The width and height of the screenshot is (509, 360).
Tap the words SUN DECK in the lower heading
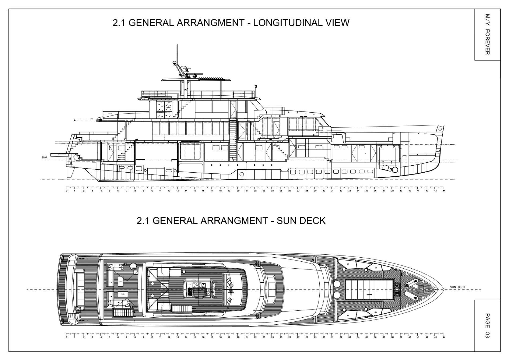301,221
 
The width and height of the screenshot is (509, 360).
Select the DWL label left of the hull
44,158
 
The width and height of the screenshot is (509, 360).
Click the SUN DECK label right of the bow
458,287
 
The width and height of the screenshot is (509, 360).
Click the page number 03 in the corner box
487,334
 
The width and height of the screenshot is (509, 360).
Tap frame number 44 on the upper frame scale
444,191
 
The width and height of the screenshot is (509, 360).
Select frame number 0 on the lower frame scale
66,337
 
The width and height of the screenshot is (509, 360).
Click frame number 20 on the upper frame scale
238,191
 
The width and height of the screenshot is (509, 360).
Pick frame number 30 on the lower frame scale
324,337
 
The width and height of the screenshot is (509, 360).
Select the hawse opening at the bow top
440,129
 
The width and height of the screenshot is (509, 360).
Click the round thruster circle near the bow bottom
395,169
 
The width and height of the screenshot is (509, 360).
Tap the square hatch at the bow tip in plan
421,289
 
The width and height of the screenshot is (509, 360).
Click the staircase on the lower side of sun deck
123,313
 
